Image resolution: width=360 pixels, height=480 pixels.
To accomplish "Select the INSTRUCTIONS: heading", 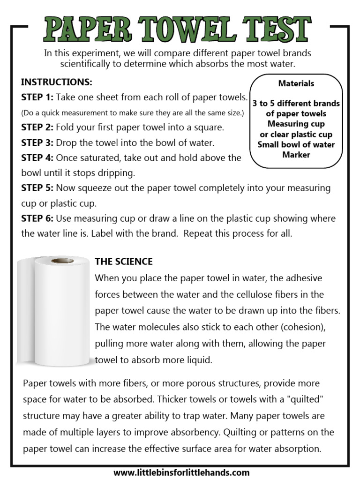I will click(x=57, y=82).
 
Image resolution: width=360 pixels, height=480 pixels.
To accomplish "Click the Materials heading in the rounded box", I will click(x=296, y=83).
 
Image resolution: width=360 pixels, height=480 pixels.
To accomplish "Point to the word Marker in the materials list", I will click(x=296, y=154).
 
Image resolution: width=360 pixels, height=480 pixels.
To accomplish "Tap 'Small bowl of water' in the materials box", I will click(x=296, y=144).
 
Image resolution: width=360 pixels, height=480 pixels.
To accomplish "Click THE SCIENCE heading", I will click(x=124, y=261).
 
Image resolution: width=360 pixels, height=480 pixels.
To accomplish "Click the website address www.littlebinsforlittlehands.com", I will click(x=181, y=472).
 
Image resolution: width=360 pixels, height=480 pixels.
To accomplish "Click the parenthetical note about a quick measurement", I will click(x=133, y=113).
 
